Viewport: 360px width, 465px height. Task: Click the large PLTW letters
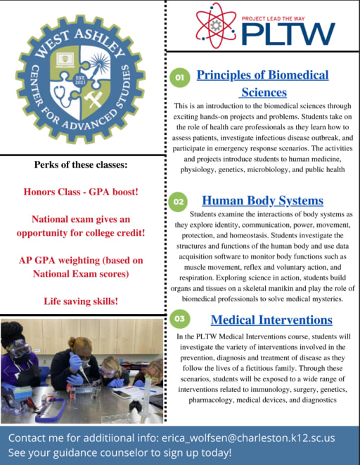[x=287, y=32]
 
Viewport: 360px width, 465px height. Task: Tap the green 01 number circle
[x=179, y=79]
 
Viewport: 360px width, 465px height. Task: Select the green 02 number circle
[x=179, y=202]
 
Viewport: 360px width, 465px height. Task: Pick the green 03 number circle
[x=179, y=319]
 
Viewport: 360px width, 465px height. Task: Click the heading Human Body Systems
[x=262, y=200]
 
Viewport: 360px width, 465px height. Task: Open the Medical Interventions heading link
[x=271, y=320]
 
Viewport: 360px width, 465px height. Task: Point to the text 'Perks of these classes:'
[x=81, y=165]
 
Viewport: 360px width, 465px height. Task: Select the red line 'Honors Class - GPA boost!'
[x=81, y=191]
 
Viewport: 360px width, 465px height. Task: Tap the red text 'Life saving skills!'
[x=82, y=301]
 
